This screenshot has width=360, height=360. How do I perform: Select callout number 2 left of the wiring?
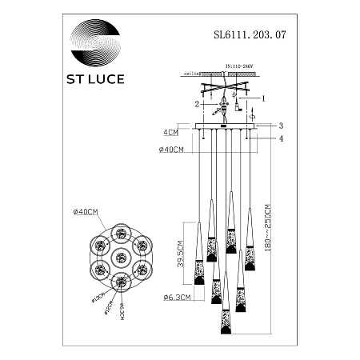194,104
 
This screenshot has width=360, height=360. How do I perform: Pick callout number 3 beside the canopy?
281,126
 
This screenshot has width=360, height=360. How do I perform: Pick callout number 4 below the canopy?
281,138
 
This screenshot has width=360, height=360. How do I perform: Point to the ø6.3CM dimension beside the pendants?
172,299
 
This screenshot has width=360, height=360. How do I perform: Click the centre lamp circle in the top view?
120,257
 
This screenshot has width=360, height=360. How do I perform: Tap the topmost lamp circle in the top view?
120,234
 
